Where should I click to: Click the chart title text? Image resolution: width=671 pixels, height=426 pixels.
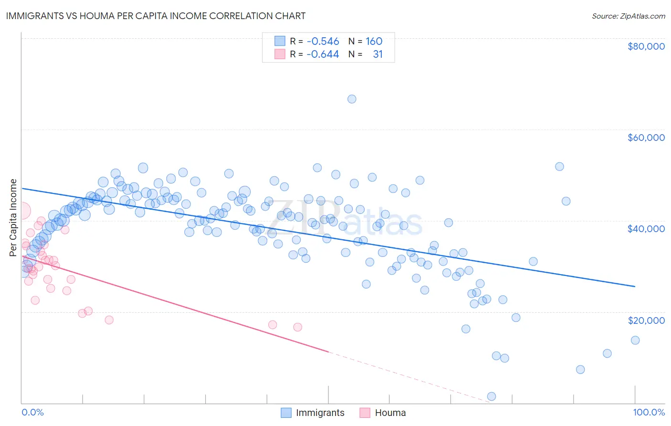(x=156, y=16)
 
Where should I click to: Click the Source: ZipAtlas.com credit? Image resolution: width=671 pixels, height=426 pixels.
(x=628, y=16)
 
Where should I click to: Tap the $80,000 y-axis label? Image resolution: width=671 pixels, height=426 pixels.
(x=646, y=46)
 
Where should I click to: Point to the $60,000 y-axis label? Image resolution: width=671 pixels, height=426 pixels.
(x=646, y=138)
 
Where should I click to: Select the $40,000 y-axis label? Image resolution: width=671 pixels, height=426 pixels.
(x=646, y=229)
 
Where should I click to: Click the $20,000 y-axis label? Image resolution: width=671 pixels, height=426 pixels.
(x=646, y=320)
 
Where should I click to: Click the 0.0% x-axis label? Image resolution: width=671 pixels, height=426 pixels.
(x=32, y=412)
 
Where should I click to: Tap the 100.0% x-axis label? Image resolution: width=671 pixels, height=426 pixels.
(x=649, y=412)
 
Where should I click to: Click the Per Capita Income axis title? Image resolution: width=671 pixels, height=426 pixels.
(x=13, y=217)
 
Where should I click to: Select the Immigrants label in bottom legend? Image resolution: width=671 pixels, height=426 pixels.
(x=320, y=413)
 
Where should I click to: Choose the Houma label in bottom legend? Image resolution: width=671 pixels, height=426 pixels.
(x=390, y=413)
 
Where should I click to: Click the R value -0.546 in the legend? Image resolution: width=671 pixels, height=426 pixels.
(x=323, y=41)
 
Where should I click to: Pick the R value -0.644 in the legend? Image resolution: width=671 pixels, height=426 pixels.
(x=323, y=54)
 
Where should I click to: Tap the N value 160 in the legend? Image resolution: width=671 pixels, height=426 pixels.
(x=374, y=41)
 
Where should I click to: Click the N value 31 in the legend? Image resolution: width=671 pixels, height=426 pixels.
(x=377, y=54)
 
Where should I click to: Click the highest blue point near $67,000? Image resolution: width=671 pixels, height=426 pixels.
(x=352, y=99)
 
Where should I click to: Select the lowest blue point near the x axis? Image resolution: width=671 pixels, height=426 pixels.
(x=492, y=396)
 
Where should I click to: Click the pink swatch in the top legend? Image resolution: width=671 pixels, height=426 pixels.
(x=280, y=54)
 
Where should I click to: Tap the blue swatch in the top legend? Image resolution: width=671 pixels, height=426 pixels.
(x=280, y=41)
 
